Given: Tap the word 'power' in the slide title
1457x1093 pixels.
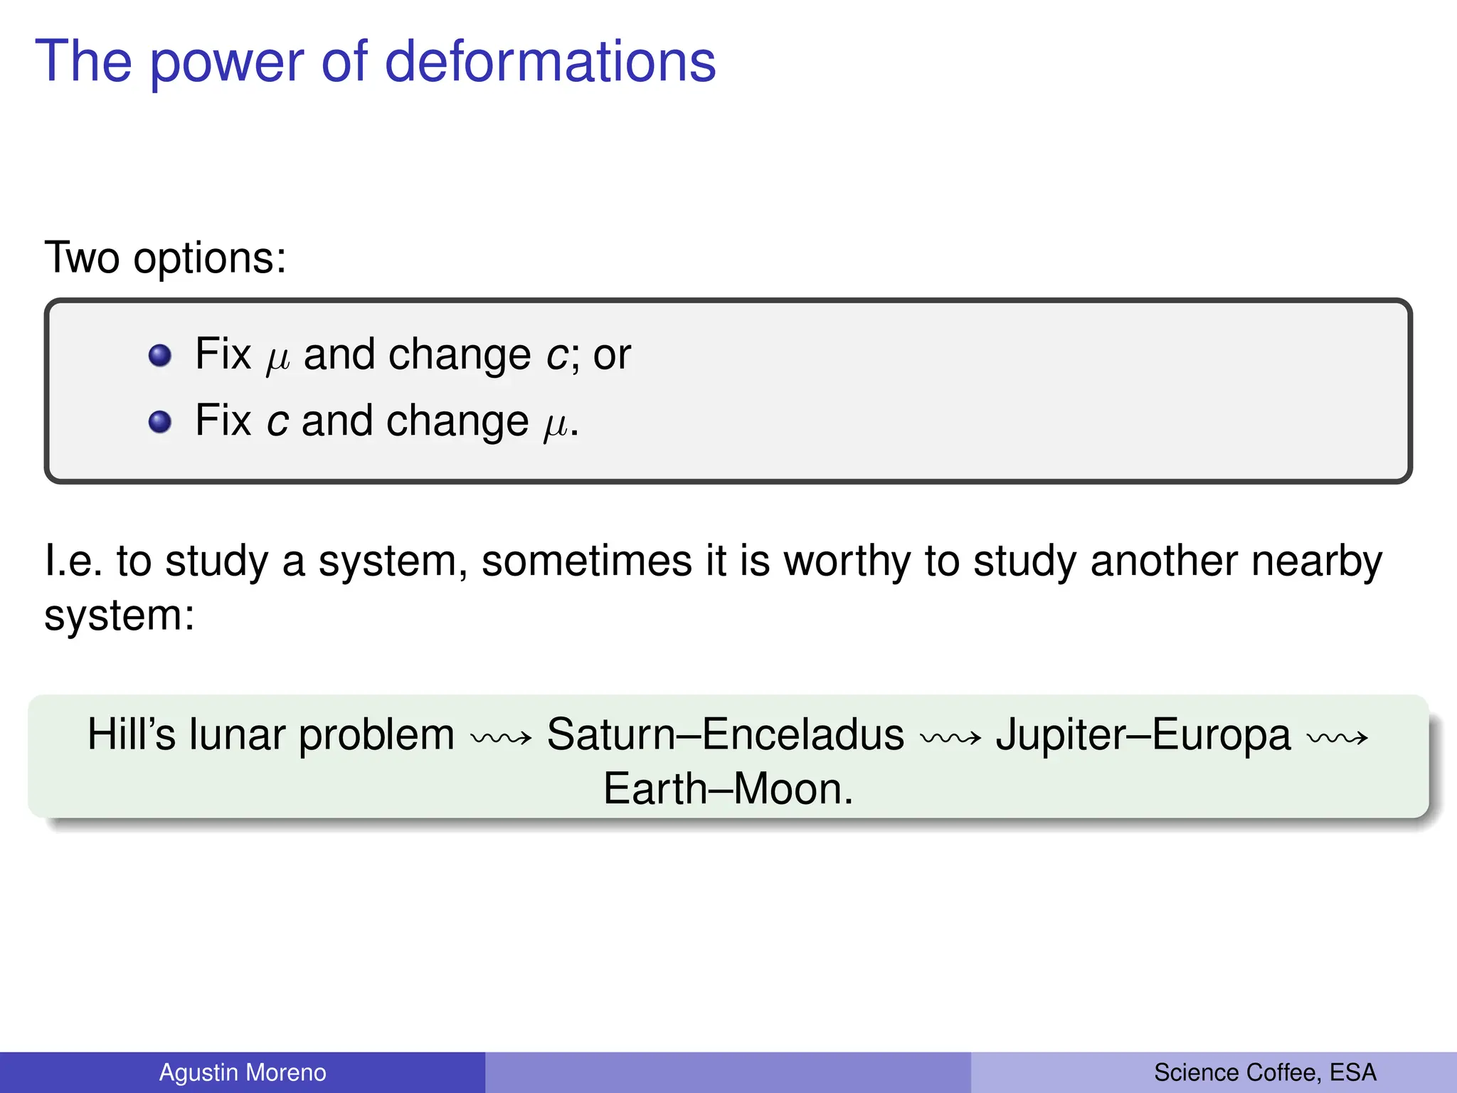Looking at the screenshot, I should pyautogui.click(x=227, y=64).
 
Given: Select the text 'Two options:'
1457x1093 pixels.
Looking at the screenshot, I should pyautogui.click(x=165, y=257).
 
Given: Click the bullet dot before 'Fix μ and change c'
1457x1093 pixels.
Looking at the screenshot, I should pyautogui.click(x=160, y=355).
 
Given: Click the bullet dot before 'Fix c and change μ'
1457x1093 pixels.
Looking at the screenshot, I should pyautogui.click(x=160, y=422).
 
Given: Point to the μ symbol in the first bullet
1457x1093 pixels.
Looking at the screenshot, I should pyautogui.click(x=277, y=359).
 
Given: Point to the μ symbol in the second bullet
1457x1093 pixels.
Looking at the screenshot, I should pyautogui.click(x=556, y=426).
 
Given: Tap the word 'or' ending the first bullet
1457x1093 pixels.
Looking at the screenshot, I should pyautogui.click(x=612, y=355).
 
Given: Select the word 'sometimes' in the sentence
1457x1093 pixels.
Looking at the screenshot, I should pyautogui.click(x=587, y=561).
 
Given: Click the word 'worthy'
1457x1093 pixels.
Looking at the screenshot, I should pyautogui.click(x=847, y=562).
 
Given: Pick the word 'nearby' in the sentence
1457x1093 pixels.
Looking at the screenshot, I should pyautogui.click(x=1317, y=562).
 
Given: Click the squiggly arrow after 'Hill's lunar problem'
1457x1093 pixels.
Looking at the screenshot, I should pyautogui.click(x=501, y=738).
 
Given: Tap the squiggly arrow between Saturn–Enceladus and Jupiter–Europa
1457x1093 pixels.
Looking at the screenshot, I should pyautogui.click(x=950, y=738).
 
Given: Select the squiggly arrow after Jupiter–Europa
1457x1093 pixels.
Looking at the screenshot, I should pyautogui.click(x=1337, y=738).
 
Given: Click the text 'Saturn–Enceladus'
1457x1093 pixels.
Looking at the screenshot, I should pyautogui.click(x=725, y=734).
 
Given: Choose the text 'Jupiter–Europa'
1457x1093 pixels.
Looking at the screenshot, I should pyautogui.click(x=1143, y=736).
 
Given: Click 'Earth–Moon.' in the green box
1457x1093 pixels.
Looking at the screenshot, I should pyautogui.click(x=728, y=789).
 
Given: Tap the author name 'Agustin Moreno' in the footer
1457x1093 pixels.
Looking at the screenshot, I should pyautogui.click(x=243, y=1072).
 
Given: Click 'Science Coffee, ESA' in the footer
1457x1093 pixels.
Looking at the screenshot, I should pyautogui.click(x=1265, y=1072).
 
